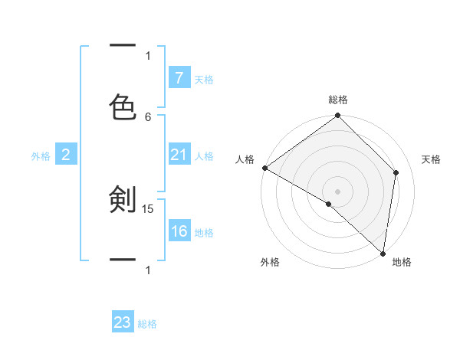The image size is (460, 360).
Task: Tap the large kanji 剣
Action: pos(123,201)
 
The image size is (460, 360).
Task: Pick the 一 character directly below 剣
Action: pos(123,260)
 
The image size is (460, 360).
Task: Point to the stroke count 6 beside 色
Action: pos(148,116)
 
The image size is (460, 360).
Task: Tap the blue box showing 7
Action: pos(179,77)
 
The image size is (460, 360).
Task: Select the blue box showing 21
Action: pos(179,155)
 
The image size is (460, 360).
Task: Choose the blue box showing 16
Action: pos(179,231)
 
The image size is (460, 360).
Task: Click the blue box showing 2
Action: pos(66,155)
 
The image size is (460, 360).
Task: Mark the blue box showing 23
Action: pos(123,322)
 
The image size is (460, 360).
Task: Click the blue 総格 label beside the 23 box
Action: pos(147,324)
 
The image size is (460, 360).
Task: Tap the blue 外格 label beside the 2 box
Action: pos(41,156)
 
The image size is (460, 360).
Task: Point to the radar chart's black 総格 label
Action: pos(338,100)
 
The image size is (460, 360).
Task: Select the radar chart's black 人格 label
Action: pos(245,159)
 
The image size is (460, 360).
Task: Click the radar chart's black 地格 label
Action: pos(402,262)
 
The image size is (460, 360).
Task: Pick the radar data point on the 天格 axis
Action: pos(396,172)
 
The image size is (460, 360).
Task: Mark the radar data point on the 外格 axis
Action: pos(329,204)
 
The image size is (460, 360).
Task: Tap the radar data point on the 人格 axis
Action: pos(264,168)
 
